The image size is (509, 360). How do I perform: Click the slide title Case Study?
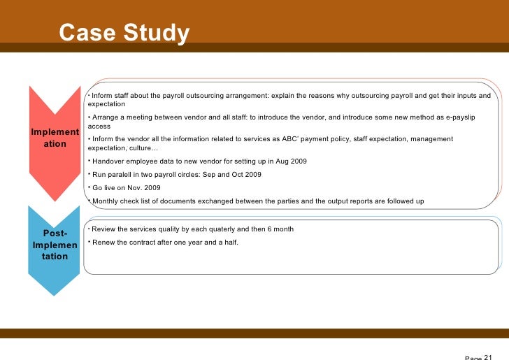coord(124,33)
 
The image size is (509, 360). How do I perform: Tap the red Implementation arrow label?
coord(55,138)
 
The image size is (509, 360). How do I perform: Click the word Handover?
coord(108,161)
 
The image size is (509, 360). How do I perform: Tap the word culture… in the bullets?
coord(143,148)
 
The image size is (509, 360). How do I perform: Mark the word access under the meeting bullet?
coord(99,127)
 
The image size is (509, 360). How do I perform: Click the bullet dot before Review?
coord(89,229)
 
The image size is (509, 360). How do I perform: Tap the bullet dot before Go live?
coord(89,187)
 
